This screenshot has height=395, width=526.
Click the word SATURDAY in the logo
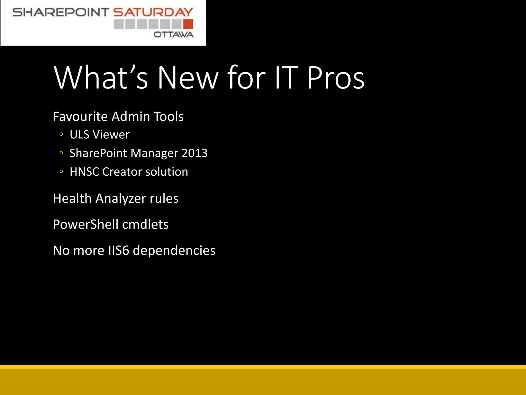[153, 12]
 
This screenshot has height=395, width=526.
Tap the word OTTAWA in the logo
[174, 34]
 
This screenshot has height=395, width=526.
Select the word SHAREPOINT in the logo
[61, 12]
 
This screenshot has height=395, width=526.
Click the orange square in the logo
[188, 24]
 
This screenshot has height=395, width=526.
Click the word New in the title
[188, 77]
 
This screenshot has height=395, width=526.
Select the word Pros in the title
[336, 77]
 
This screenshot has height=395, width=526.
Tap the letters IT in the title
[286, 77]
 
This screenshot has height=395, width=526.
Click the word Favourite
[80, 116]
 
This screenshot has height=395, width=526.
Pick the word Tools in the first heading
[168, 116]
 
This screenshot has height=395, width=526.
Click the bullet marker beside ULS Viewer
[61, 134]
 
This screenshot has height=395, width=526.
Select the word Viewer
[111, 134]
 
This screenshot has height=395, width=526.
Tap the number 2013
[194, 153]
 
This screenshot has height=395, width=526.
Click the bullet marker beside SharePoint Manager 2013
[61, 153]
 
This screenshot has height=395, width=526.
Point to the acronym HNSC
[84, 172]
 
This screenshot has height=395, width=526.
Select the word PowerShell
[86, 224]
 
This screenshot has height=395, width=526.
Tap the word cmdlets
[145, 224]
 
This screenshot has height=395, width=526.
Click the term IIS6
[118, 250]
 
